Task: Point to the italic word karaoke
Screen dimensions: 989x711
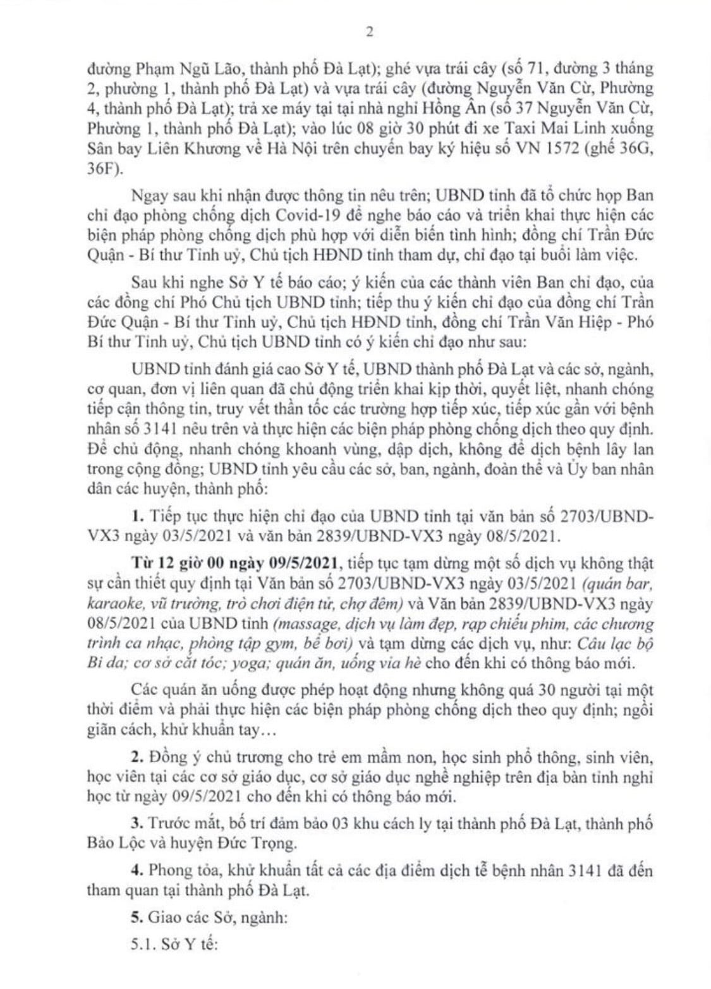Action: (x=110, y=603)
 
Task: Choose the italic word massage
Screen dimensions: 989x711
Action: (x=300, y=624)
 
